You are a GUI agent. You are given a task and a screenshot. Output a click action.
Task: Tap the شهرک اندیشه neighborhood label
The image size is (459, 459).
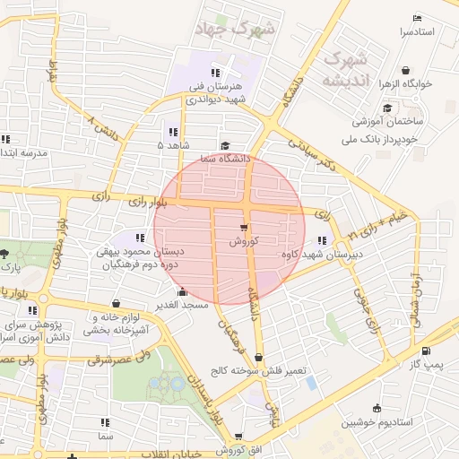pos(345,69)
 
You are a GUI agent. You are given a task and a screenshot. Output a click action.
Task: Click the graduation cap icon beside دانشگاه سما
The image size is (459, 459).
pos(225,145)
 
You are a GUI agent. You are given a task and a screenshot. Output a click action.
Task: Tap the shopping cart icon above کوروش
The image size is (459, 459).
pos(244,228)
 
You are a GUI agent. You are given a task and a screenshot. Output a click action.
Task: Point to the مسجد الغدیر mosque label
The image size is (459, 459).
pos(183,305)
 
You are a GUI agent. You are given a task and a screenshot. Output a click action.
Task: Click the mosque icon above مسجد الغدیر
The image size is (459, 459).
pos(183,291)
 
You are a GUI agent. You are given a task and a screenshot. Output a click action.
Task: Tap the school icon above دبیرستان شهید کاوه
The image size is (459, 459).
pos(320,240)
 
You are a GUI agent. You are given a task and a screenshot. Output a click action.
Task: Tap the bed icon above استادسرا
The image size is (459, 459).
pos(416,19)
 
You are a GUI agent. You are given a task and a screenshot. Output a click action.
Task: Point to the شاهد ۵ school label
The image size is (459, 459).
pos(173,144)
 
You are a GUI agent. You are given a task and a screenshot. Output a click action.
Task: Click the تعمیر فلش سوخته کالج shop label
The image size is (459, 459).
pos(259,370)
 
